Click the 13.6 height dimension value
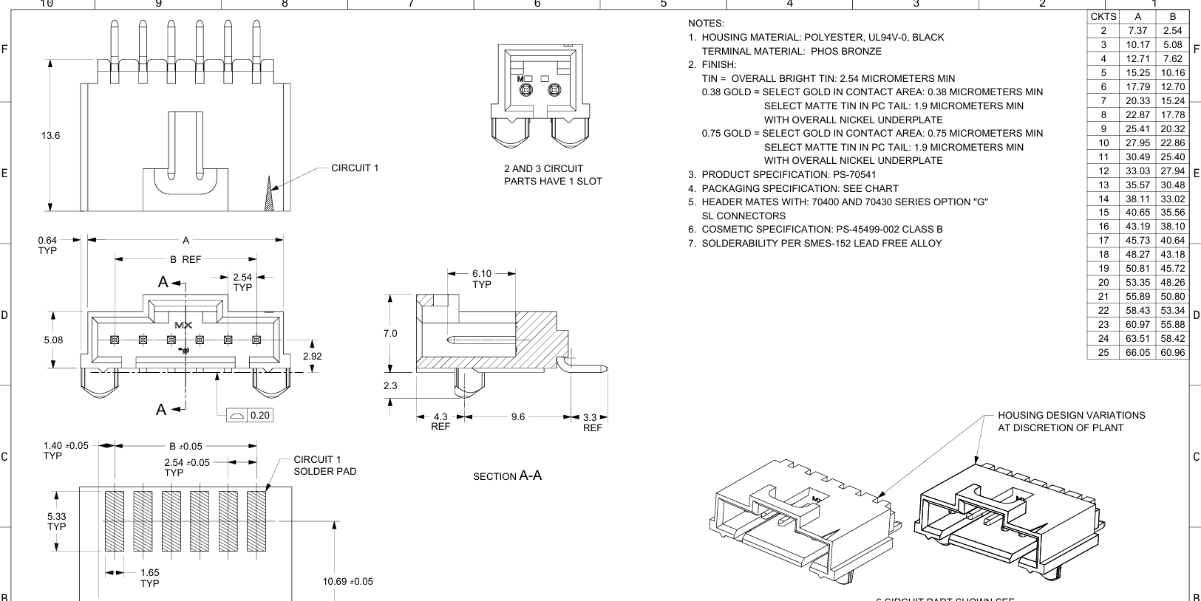(51, 136)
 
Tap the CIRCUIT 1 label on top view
(355, 168)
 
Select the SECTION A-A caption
(507, 475)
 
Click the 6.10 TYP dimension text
(481, 279)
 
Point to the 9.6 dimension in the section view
(518, 416)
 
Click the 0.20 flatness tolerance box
(250, 415)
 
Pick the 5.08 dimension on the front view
(54, 340)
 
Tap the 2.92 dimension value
(312, 356)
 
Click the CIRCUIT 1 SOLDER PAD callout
(325, 465)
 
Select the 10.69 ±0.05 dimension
(348, 582)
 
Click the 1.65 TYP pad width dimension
(149, 578)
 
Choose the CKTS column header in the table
(1103, 16)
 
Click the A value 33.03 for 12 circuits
(1137, 171)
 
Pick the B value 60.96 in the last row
(1173, 352)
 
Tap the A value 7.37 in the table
(1137, 31)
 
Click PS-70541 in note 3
(854, 175)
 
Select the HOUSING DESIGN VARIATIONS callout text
(1071, 422)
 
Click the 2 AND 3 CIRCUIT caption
(544, 169)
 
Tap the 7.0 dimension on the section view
(390, 333)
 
